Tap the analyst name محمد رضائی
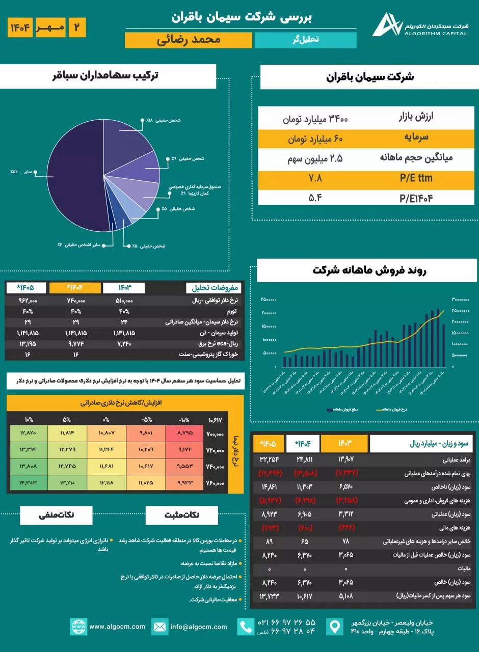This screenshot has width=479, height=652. [189, 40]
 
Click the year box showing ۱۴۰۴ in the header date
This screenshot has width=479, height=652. [20, 28]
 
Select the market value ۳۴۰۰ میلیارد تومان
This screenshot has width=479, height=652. [315, 119]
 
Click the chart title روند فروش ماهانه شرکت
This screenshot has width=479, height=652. [369, 270]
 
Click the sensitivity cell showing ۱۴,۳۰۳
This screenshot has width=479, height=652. [29, 482]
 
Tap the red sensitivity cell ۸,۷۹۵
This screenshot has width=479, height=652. [184, 434]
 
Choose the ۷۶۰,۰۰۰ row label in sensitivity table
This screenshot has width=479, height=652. [216, 482]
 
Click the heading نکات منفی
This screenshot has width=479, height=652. [57, 515]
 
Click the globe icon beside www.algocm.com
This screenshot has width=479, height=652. [78, 627]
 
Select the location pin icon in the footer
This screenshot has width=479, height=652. [334, 627]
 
